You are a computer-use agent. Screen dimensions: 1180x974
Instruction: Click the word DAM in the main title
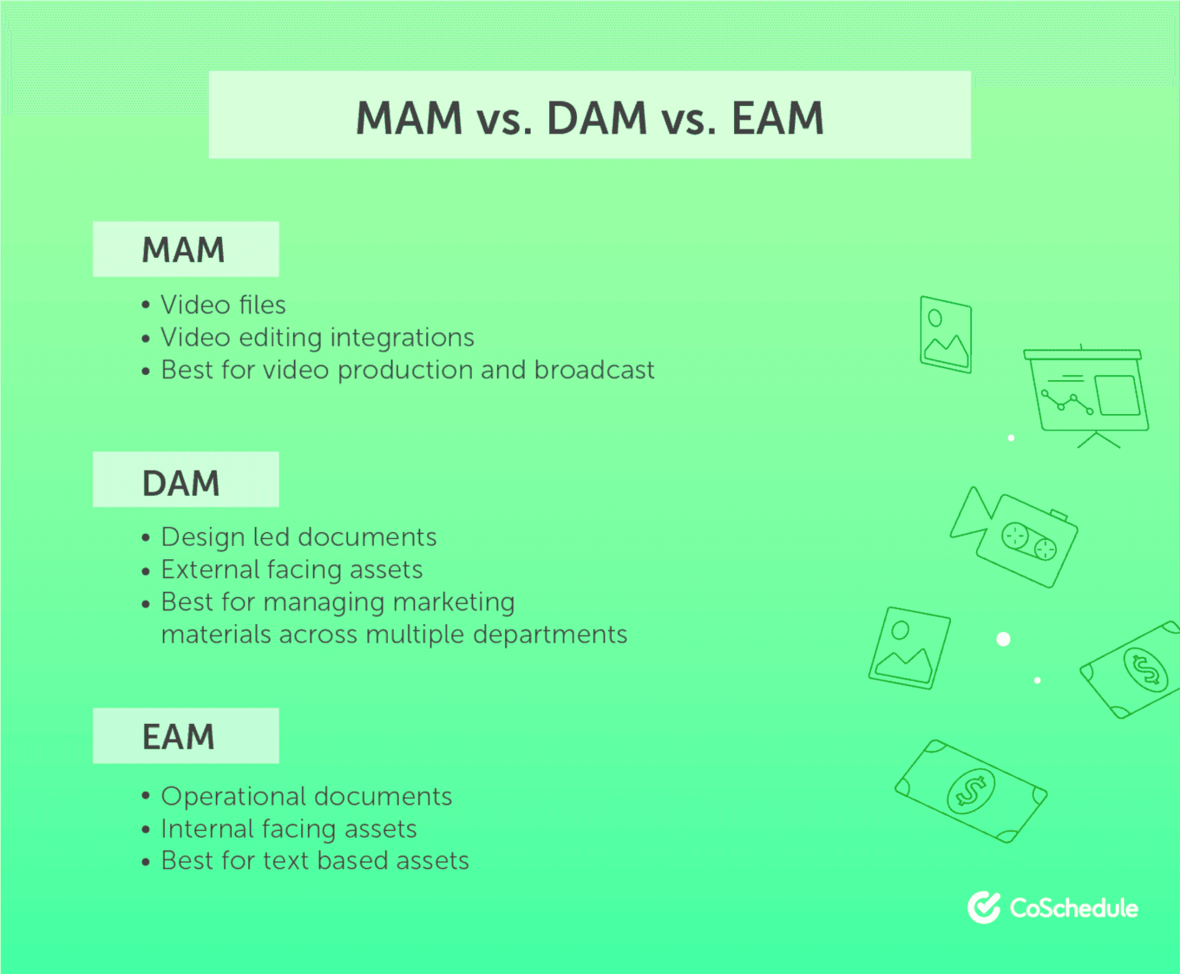pyautogui.click(x=597, y=118)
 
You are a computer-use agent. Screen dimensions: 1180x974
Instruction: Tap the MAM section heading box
pyautogui.click(x=186, y=249)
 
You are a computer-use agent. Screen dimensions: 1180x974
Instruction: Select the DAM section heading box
pyautogui.click(x=186, y=479)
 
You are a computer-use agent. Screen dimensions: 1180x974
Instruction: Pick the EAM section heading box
pyautogui.click(x=186, y=735)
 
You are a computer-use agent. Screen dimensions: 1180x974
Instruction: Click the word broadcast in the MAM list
pyautogui.click(x=594, y=370)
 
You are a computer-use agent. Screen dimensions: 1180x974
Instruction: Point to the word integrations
pyautogui.click(x=402, y=339)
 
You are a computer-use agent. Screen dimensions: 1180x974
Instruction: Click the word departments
pyautogui.click(x=550, y=635)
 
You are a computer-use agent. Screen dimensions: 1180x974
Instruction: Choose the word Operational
pyautogui.click(x=233, y=797)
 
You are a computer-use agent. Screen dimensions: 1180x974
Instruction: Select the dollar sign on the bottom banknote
pyautogui.click(x=970, y=792)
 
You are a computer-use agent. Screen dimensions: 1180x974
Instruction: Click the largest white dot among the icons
pyautogui.click(x=1003, y=639)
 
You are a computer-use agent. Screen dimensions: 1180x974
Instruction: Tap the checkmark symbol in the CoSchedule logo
pyautogui.click(x=985, y=907)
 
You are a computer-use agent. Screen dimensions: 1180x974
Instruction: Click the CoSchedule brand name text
pyautogui.click(x=1074, y=908)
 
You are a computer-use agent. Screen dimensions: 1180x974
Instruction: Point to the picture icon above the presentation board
pyautogui.click(x=946, y=334)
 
